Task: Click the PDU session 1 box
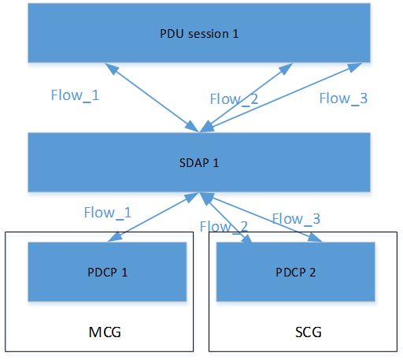199,33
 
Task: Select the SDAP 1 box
199,161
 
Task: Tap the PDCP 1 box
107,271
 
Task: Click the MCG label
105,332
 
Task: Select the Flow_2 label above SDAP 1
234,98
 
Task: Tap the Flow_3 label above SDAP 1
344,98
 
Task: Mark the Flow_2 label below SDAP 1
224,226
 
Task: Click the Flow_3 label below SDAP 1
296,218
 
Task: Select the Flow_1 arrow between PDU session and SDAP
153,98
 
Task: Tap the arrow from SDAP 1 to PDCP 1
153,216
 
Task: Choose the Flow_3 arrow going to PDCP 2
264,217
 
